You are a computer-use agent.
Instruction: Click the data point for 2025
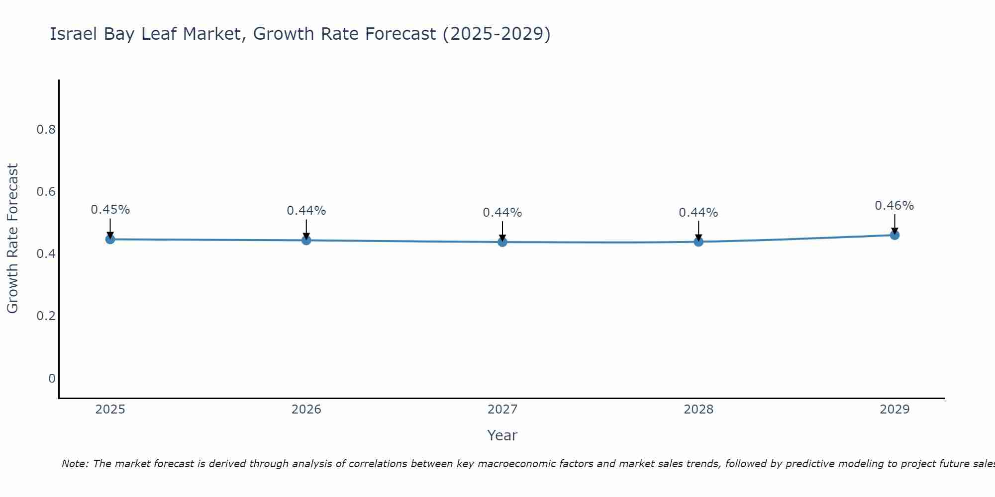pyautogui.click(x=110, y=239)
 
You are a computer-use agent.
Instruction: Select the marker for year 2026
pyautogui.click(x=306, y=240)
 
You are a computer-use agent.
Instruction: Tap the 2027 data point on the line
pyautogui.click(x=502, y=242)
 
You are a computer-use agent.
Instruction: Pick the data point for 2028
pyautogui.click(x=698, y=242)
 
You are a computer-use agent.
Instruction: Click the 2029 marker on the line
pyautogui.click(x=895, y=235)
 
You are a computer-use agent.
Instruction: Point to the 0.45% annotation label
pyautogui.click(x=110, y=210)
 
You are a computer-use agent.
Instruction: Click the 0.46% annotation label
pyautogui.click(x=894, y=206)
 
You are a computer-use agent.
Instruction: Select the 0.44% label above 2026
pyautogui.click(x=306, y=211)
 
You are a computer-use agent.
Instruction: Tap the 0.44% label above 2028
pyautogui.click(x=698, y=213)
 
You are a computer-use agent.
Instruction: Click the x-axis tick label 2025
pyautogui.click(x=110, y=410)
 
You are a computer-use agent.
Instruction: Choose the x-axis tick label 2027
pyautogui.click(x=502, y=410)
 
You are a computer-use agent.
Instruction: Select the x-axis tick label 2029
pyautogui.click(x=895, y=410)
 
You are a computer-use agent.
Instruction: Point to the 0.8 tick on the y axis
pyautogui.click(x=46, y=130)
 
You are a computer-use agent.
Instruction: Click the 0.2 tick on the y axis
pyautogui.click(x=46, y=316)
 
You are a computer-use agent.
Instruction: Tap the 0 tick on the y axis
pyautogui.click(x=52, y=379)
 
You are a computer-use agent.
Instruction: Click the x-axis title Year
pyautogui.click(x=502, y=435)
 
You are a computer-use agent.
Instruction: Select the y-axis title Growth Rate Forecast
pyautogui.click(x=12, y=239)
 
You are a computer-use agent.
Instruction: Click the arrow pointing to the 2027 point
pyautogui.click(x=502, y=231)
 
